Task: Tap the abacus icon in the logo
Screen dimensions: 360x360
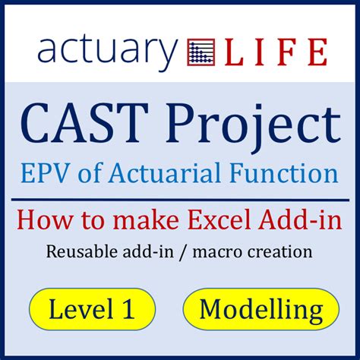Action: [x=201, y=52]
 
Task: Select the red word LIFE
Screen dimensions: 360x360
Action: [x=276, y=52]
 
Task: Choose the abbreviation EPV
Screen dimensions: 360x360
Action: [x=45, y=173]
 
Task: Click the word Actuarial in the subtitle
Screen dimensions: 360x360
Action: [x=165, y=173]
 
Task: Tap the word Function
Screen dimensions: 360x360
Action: [x=284, y=173]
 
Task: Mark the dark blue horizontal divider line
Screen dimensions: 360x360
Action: [x=180, y=201]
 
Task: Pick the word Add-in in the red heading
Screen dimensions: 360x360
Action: [x=302, y=219]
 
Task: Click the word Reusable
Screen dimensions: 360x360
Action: [x=82, y=251]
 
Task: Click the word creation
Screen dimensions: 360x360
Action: [x=279, y=252]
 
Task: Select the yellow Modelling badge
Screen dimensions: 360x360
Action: [x=261, y=309]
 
